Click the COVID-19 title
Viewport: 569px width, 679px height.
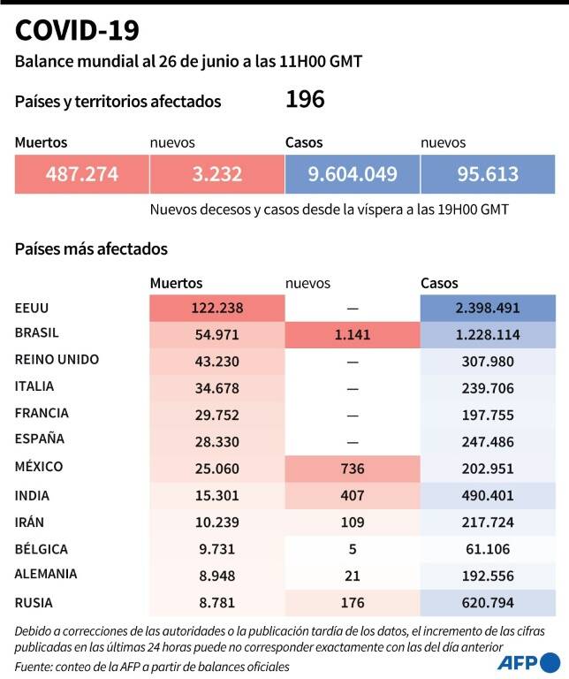click(77, 30)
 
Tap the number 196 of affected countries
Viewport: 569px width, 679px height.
click(305, 99)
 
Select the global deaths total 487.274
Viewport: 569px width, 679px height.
click(82, 174)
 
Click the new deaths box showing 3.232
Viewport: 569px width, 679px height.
click(217, 174)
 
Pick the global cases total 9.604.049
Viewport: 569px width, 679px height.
click(353, 174)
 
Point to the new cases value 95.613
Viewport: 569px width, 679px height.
click(488, 174)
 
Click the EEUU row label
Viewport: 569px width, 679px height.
click(32, 308)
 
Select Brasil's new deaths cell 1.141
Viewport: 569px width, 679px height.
click(353, 335)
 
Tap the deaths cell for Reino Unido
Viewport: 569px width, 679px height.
click(217, 362)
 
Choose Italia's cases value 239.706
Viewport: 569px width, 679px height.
click(488, 388)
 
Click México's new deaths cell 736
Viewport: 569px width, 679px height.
click(353, 469)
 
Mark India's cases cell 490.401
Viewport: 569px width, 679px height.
click(488, 496)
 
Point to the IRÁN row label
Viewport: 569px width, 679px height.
click(29, 522)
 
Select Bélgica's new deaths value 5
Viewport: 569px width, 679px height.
click(353, 549)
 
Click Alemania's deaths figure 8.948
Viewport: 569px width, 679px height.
click(217, 576)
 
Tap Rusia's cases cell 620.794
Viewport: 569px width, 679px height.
click(488, 603)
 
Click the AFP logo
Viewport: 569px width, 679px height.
click(528, 663)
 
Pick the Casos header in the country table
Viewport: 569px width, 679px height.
click(439, 283)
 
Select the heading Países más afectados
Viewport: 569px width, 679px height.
click(91, 249)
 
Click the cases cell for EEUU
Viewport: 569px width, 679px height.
click(488, 308)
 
